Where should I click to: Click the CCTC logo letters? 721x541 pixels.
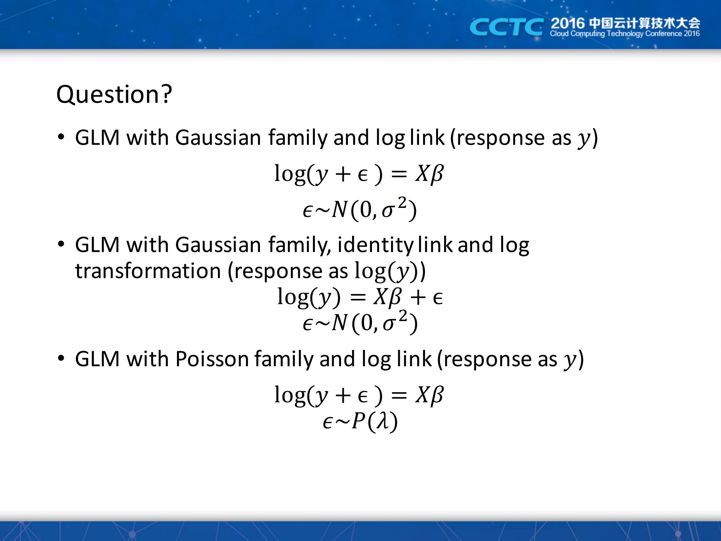point(506,27)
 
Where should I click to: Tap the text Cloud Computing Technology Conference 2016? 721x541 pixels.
point(625,33)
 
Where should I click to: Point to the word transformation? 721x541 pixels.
point(148,271)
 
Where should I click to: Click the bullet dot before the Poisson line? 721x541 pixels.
point(61,358)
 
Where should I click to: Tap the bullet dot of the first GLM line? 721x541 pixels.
point(61,136)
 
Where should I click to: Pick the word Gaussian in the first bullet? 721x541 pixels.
point(218,138)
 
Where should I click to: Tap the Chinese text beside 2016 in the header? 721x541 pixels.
point(644,23)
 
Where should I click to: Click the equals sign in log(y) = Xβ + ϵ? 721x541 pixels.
point(358,297)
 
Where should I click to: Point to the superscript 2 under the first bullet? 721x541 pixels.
point(402,202)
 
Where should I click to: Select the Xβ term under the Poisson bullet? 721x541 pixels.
point(429,395)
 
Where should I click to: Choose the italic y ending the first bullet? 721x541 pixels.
point(584,139)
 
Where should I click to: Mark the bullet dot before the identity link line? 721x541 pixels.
point(61,244)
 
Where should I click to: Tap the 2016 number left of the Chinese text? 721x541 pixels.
point(568,23)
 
